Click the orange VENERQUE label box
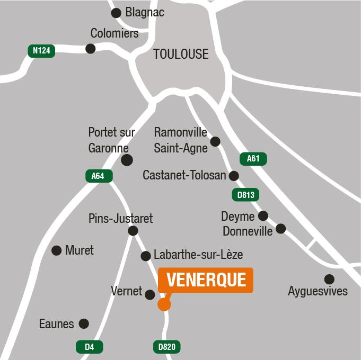click(x=206, y=280)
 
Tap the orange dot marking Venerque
click(x=164, y=304)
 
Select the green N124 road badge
click(x=41, y=51)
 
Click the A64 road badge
click(x=98, y=176)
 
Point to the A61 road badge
click(x=253, y=158)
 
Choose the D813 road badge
click(x=246, y=195)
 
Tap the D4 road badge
click(x=89, y=347)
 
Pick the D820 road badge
click(x=166, y=347)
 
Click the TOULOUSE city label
click(x=181, y=54)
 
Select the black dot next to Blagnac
click(x=116, y=13)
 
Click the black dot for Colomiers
click(x=91, y=49)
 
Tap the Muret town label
click(x=80, y=250)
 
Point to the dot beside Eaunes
click(x=84, y=323)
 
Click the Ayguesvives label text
click(x=318, y=291)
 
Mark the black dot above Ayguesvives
click(x=329, y=279)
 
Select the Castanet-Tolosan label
click(x=184, y=175)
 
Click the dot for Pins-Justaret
click(x=133, y=230)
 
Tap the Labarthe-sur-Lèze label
click(x=198, y=255)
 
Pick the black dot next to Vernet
click(x=150, y=295)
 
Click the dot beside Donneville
click(x=281, y=229)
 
